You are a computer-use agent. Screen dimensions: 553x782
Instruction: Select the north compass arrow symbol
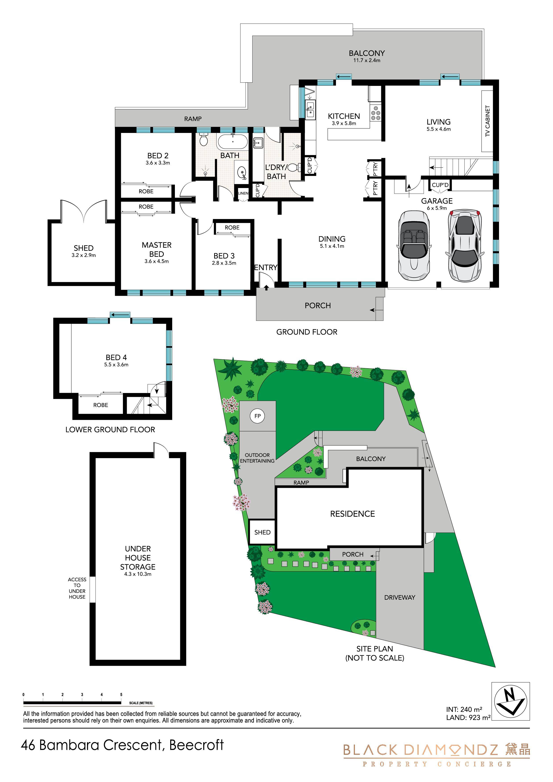point(510,701)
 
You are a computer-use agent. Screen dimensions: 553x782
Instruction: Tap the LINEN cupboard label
point(243,193)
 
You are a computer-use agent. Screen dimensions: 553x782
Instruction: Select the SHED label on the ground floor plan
point(83,248)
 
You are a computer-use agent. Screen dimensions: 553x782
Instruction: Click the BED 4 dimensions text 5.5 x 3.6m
point(116,364)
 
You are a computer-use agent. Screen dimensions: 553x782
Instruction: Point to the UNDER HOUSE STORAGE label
point(138,558)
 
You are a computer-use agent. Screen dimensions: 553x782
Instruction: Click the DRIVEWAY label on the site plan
point(400,597)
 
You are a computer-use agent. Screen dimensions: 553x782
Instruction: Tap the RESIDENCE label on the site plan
point(352,514)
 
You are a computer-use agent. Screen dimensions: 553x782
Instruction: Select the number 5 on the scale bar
point(121,695)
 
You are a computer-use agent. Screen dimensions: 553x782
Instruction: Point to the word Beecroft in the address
point(196,745)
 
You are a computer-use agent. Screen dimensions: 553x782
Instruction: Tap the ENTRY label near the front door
point(266,267)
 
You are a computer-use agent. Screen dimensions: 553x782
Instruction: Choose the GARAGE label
point(437,201)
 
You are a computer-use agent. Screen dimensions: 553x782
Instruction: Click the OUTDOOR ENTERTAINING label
point(257,458)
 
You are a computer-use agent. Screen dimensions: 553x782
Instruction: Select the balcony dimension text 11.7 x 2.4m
point(367,60)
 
